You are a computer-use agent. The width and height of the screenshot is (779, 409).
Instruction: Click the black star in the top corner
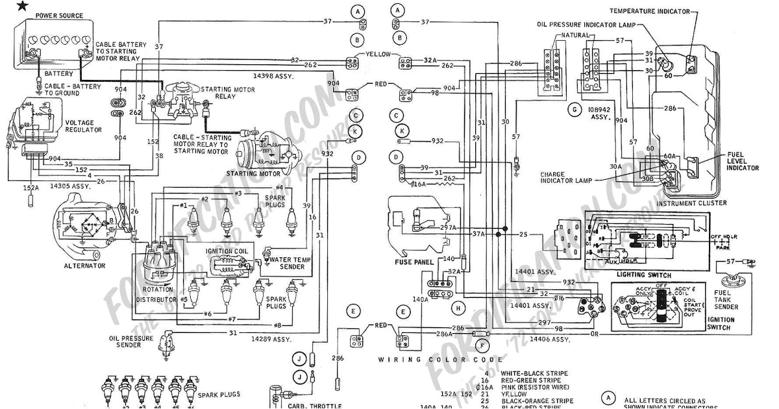coord(6,6)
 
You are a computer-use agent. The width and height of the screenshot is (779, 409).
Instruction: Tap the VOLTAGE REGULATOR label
coord(82,126)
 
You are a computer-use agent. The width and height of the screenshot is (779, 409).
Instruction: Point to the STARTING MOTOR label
coord(253,174)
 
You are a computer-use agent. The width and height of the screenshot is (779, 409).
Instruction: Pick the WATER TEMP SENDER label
coord(288,263)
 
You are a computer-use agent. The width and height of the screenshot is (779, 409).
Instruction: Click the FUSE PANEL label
coord(411,262)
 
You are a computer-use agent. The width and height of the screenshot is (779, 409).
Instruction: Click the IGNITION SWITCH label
coord(721,324)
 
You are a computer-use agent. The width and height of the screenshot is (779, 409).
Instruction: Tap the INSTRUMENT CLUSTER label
coord(691,203)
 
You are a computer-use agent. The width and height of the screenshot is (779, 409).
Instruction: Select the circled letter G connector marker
coord(575,110)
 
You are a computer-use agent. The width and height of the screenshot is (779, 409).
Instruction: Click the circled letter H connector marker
coord(459,307)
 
